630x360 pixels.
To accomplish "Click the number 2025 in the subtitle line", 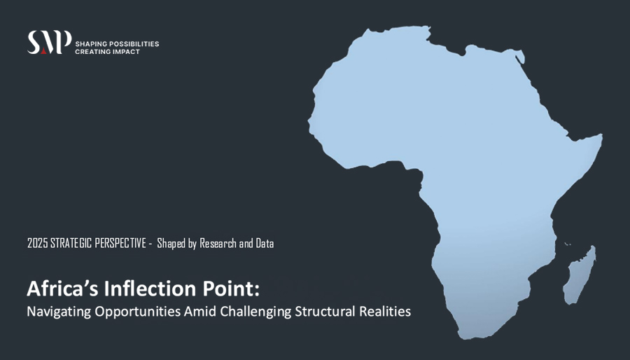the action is pyautogui.click(x=38, y=244).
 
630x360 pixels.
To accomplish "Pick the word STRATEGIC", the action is pyautogui.click(x=71, y=244).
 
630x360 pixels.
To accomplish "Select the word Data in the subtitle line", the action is pyautogui.click(x=265, y=244).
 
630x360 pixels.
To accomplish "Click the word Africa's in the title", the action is pyautogui.click(x=62, y=289).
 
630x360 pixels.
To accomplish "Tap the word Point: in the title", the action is pyautogui.click(x=232, y=289).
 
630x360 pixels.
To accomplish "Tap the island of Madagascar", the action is pyautogui.click(x=580, y=277).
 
